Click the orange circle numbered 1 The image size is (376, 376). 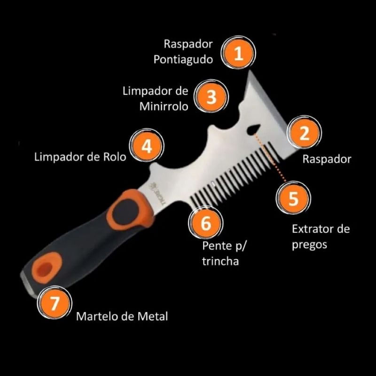coord(238,53)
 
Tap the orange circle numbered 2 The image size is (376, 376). coord(305,133)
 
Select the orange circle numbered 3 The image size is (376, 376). coord(211,96)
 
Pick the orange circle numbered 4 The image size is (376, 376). coord(147,145)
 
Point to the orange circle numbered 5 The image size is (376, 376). coord(293,198)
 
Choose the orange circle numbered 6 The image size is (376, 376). coord(206,223)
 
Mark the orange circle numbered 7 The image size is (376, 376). coord(55,303)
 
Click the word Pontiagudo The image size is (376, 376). coord(183,60)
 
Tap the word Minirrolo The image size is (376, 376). coord(164,106)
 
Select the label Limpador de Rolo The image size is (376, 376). coord(80,157)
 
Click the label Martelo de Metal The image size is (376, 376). coord(122,316)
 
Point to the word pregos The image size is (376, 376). coord(309,245)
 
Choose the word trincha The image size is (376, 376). coord(220,261)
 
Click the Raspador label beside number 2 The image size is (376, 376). coord(327,159)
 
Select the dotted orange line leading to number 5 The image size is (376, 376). coord(270,157)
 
